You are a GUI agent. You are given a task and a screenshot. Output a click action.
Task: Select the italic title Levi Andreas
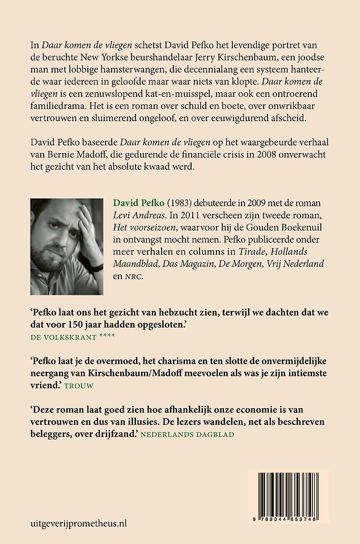click(x=134, y=215)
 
